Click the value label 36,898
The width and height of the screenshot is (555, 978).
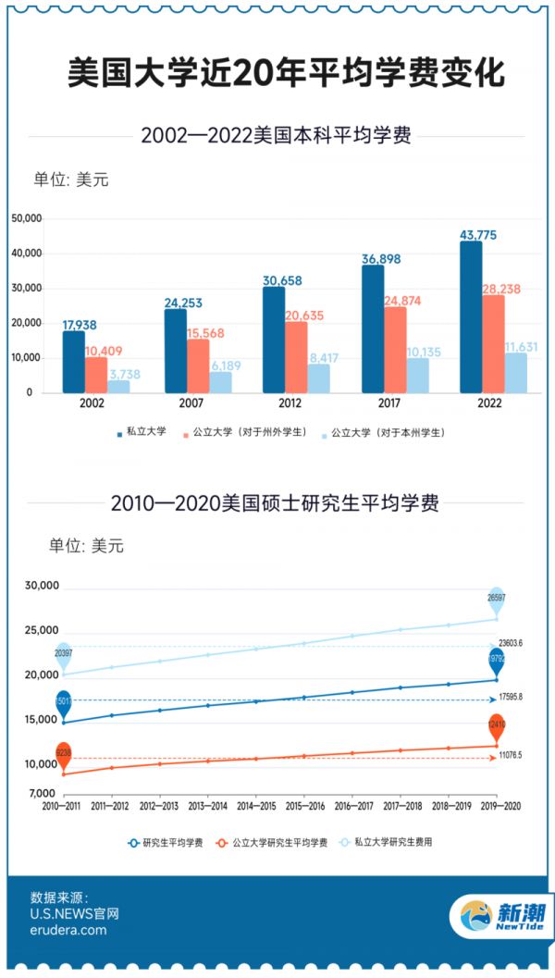click(x=380, y=259)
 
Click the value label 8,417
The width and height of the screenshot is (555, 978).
click(x=324, y=357)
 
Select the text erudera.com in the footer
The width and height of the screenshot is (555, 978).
click(x=68, y=931)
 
